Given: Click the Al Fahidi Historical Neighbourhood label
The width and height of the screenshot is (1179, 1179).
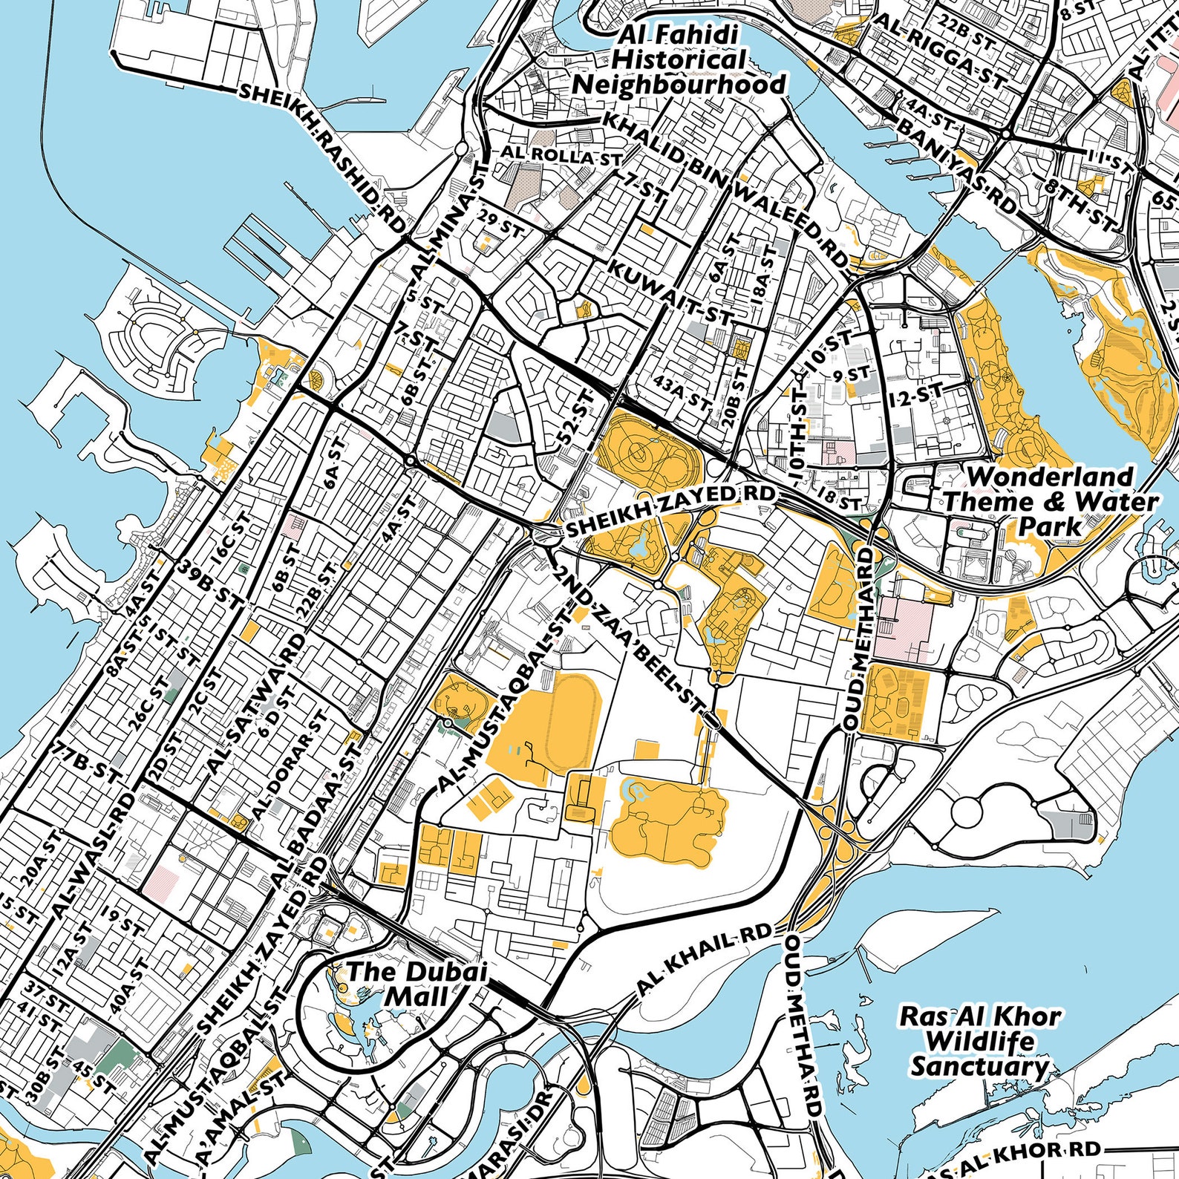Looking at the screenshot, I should [678, 60].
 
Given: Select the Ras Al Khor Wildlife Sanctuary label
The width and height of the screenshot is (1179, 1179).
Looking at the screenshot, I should [979, 1041].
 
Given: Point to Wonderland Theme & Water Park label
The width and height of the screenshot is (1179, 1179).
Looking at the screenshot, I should [1051, 500].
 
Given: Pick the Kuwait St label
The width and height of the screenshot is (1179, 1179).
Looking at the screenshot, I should [670, 292].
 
